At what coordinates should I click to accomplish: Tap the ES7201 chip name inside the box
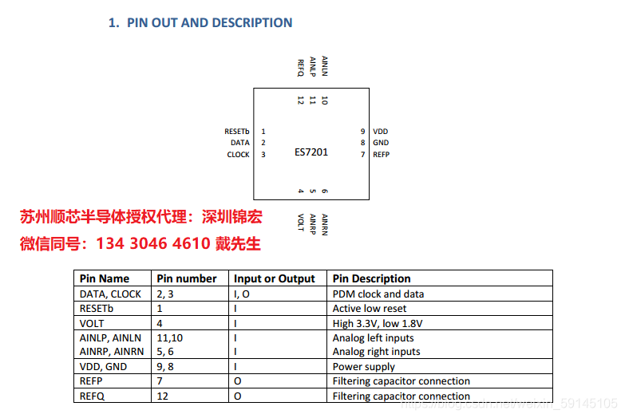(x=311, y=152)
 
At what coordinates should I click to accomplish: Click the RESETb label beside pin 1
(x=238, y=131)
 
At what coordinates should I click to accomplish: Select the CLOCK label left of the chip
(x=239, y=155)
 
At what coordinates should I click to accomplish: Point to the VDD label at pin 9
(x=380, y=131)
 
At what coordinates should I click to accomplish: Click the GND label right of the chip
(x=381, y=143)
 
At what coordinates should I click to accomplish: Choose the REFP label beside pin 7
(x=382, y=155)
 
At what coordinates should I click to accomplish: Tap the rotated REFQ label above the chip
(x=301, y=67)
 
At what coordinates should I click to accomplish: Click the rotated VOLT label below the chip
(x=301, y=222)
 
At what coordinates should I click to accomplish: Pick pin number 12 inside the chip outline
(x=301, y=101)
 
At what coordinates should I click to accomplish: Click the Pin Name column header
(x=104, y=278)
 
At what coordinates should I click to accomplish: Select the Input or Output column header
(x=275, y=278)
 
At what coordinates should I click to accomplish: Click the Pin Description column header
(x=371, y=278)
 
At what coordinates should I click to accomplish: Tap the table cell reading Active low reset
(x=370, y=308)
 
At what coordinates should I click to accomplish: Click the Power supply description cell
(x=364, y=366)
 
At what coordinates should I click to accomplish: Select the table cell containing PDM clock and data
(x=378, y=294)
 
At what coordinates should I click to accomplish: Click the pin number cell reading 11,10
(x=169, y=337)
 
